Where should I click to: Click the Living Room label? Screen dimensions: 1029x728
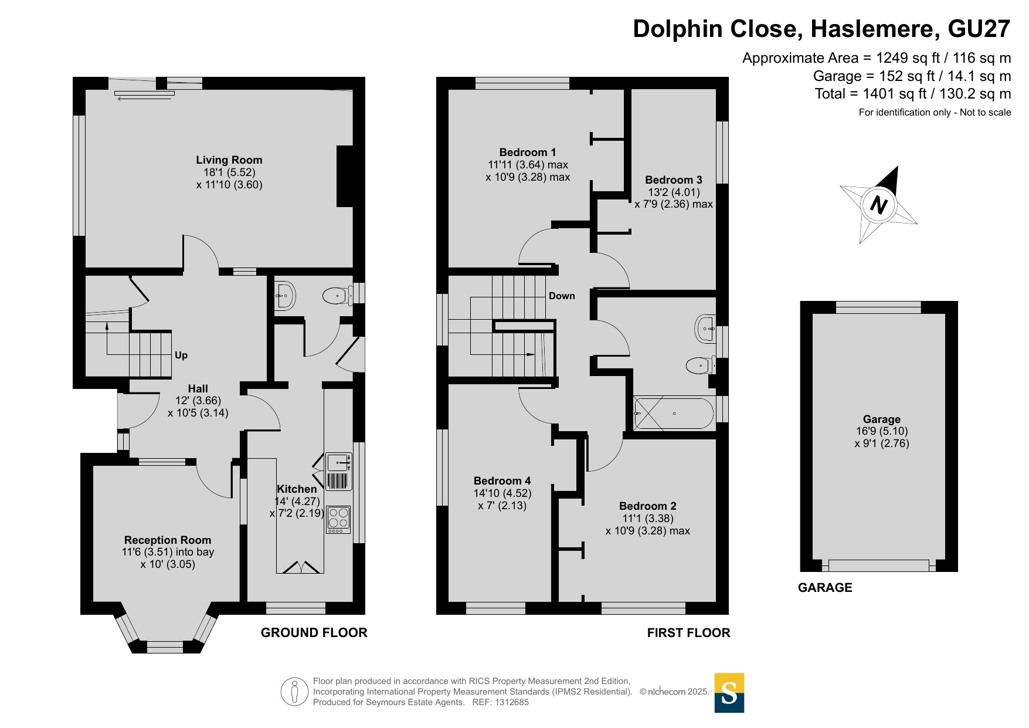click(229, 160)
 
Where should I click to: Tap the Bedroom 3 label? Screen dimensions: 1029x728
click(674, 180)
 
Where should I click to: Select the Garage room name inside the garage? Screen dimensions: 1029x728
click(881, 419)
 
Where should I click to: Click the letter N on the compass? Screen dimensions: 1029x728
click(878, 205)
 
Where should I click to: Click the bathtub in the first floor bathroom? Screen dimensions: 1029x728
click(674, 414)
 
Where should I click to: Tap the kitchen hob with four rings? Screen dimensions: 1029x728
click(338, 520)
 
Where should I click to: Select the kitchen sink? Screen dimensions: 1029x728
click(338, 463)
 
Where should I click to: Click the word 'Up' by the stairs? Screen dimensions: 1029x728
click(181, 355)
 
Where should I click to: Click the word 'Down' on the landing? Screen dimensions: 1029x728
click(562, 296)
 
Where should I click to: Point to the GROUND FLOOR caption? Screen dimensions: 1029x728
click(314, 632)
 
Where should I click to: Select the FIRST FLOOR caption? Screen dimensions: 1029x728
click(689, 632)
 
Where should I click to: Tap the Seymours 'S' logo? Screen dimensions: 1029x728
click(729, 693)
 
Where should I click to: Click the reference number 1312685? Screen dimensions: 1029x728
click(512, 702)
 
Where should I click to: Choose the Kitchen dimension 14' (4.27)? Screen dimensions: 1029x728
click(297, 501)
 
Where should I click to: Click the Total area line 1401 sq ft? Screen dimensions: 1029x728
click(913, 94)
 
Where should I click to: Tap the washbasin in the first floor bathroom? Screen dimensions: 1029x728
click(705, 329)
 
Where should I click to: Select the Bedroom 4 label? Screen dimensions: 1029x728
click(502, 481)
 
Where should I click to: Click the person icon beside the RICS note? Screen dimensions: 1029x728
click(294, 692)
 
